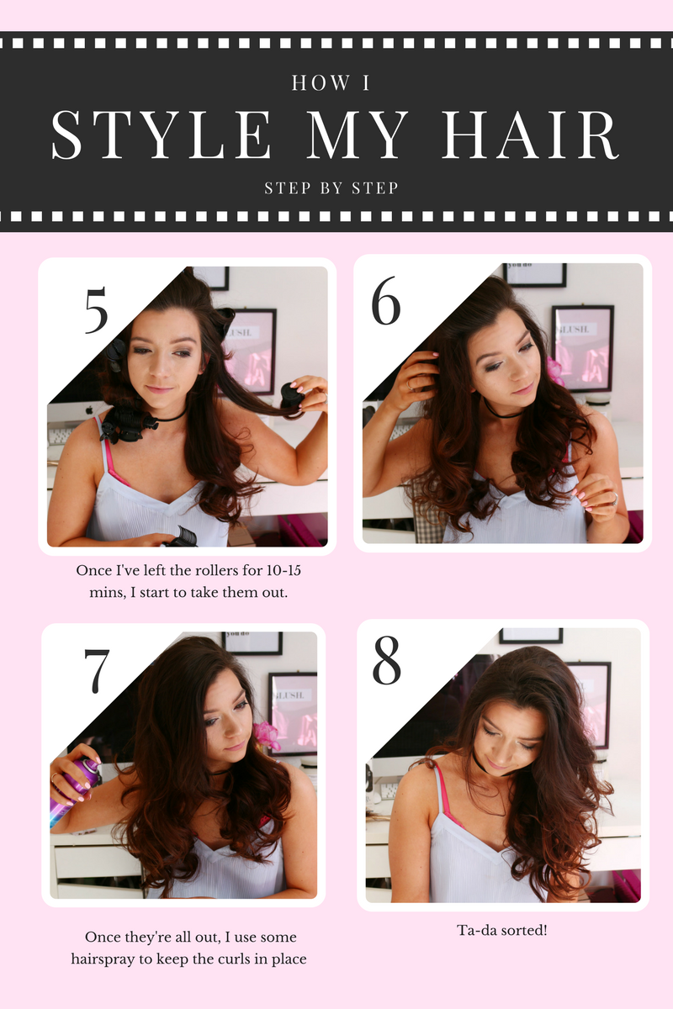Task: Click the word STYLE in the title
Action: tap(161, 135)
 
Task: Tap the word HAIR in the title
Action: tap(530, 135)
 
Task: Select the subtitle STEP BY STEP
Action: tap(331, 188)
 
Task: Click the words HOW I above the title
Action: tap(331, 83)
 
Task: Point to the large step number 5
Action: tap(97, 310)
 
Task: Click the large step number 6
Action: tap(386, 300)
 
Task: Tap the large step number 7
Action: tap(97, 671)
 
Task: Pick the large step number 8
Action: tap(387, 660)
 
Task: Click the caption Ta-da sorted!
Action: tap(502, 930)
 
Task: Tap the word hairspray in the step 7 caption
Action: tap(103, 959)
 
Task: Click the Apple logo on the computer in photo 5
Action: tap(89, 410)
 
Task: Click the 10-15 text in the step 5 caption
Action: tap(284, 570)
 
